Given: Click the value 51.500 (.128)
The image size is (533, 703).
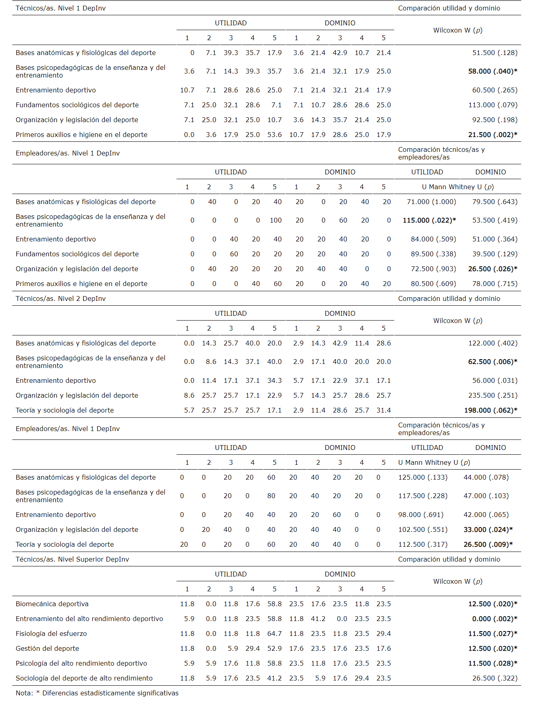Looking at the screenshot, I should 494,53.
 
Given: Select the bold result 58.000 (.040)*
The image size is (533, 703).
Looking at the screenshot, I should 492,71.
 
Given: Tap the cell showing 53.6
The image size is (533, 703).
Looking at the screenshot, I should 274,135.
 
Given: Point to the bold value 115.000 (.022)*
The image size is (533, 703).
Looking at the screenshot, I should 429,220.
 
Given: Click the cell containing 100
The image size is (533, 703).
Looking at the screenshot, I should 276,220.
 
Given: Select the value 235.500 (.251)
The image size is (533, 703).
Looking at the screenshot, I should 492,395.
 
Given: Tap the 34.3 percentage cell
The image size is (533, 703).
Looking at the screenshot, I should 274,380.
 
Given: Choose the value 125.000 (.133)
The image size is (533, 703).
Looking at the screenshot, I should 423,477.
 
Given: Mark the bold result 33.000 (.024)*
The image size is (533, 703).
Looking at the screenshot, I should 488,529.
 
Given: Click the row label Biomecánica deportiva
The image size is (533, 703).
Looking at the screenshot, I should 52,604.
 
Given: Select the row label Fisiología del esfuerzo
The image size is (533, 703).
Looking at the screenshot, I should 51,634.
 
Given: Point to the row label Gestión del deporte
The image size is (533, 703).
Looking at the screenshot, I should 47,648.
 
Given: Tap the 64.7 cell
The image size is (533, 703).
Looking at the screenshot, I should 274,634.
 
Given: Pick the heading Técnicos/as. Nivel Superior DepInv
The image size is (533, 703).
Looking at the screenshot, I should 72,559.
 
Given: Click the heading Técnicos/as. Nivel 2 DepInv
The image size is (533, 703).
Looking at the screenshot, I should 61,298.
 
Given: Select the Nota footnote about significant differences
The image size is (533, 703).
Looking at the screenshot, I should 97,693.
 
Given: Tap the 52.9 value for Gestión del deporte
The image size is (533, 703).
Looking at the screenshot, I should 274,648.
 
